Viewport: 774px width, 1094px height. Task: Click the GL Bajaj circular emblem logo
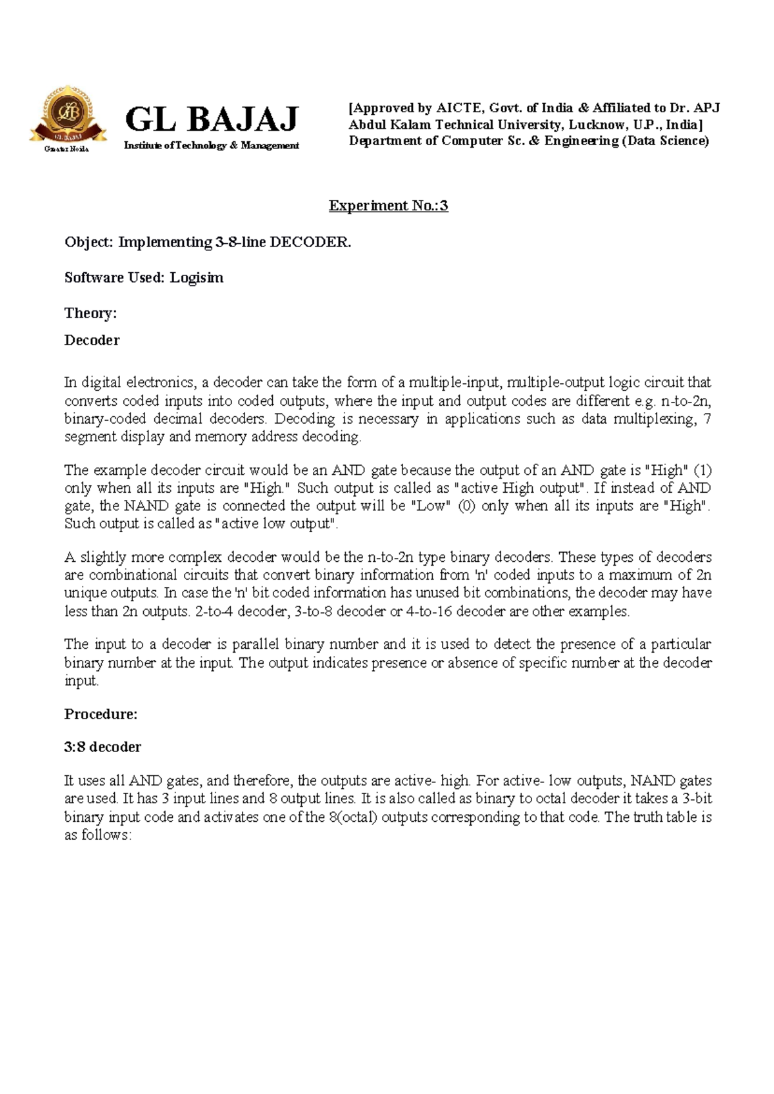pos(68,115)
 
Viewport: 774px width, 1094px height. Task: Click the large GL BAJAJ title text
pos(212,119)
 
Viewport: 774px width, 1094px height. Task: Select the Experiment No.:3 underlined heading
pos(388,206)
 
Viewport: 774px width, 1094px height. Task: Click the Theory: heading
pos(90,313)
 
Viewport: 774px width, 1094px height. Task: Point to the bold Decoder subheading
pos(92,341)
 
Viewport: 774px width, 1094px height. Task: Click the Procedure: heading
pos(101,714)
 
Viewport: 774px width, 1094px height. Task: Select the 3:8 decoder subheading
pos(103,747)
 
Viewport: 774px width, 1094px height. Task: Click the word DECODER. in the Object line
pos(310,243)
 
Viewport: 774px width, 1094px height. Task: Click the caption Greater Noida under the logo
pos(66,149)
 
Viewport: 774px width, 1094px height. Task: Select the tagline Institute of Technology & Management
pos(212,146)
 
